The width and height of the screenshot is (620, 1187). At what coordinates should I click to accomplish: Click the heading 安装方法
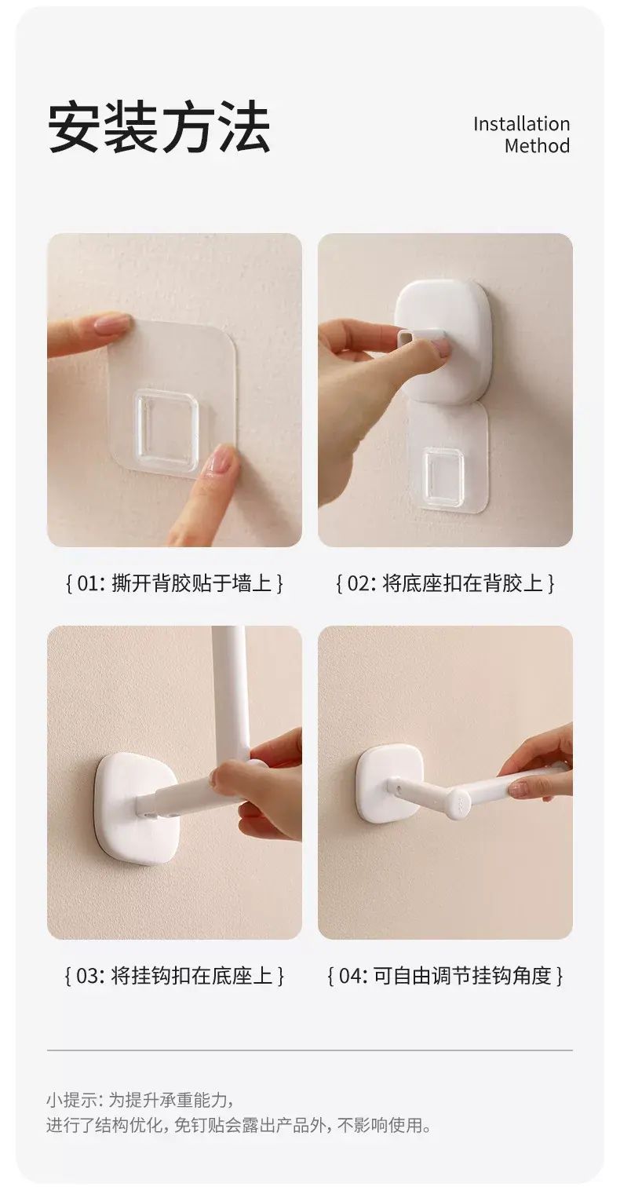pyautogui.click(x=159, y=128)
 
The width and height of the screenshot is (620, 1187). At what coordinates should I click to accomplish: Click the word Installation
pyautogui.click(x=521, y=124)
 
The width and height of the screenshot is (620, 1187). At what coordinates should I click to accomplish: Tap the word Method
pyautogui.click(x=537, y=146)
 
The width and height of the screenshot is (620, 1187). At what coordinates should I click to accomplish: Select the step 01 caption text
pyautogui.click(x=174, y=583)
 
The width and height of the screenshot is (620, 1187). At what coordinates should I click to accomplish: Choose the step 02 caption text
pyautogui.click(x=445, y=583)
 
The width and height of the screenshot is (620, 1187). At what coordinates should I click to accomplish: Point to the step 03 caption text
pyautogui.click(x=174, y=976)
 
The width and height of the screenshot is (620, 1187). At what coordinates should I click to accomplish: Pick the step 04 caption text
pyautogui.click(x=445, y=976)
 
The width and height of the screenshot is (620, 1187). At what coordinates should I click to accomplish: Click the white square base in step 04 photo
pyautogui.click(x=392, y=784)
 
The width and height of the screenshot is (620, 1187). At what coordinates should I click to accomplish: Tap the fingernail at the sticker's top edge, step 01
pyautogui.click(x=112, y=323)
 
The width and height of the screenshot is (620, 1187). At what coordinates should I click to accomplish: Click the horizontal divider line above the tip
pyautogui.click(x=310, y=1050)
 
